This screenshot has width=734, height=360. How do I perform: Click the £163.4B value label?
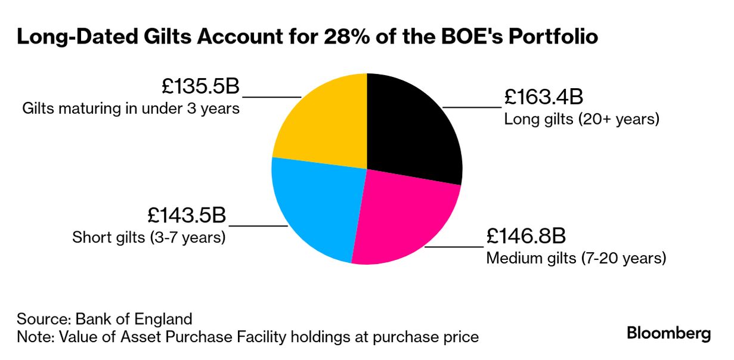tap(542, 97)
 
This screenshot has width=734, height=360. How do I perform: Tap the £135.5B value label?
tap(200, 86)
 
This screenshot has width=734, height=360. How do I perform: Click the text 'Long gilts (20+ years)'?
tap(581, 119)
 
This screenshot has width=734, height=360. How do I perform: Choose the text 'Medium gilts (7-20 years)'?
tap(576, 259)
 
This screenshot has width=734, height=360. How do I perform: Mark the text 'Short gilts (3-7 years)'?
tap(148, 237)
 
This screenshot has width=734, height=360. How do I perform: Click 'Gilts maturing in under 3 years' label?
tap(131, 109)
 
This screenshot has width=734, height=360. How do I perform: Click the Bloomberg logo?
tap(668, 333)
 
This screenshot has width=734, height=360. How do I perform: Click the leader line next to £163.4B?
tap(471, 107)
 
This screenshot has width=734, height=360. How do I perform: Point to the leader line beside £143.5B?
tap(258, 226)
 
